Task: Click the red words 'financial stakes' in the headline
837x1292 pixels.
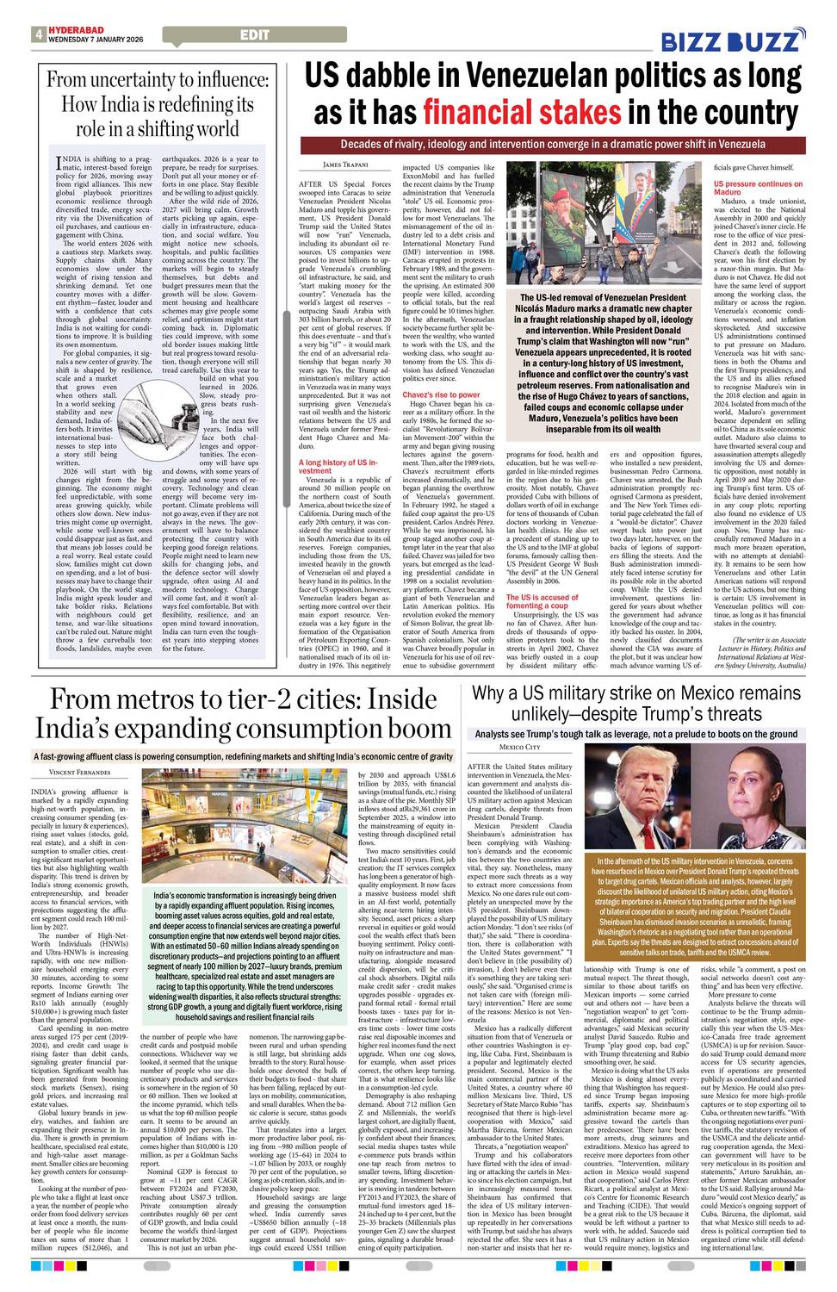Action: point(521,113)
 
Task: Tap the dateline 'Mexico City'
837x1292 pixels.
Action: point(519,747)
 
